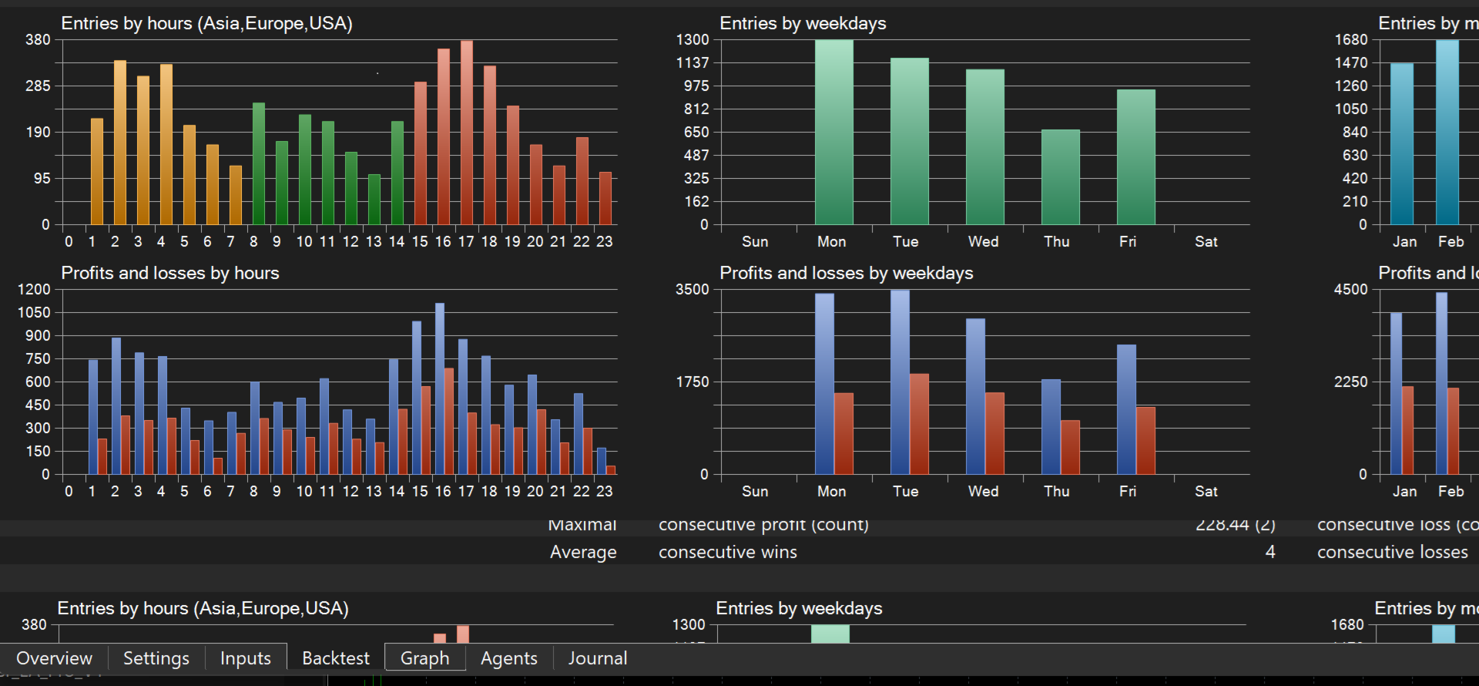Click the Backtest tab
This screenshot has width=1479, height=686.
pyautogui.click(x=335, y=658)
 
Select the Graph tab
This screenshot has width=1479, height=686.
pyautogui.click(x=424, y=658)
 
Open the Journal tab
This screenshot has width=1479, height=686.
pyautogui.click(x=597, y=658)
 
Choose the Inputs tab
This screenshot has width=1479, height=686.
pyautogui.click(x=245, y=658)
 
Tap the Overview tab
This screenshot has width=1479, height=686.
pyautogui.click(x=54, y=658)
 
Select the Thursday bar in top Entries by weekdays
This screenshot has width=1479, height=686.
pyautogui.click(x=1060, y=177)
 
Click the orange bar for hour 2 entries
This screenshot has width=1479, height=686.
pyautogui.click(x=120, y=143)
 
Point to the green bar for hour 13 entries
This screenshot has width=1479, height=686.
pyautogui.click(x=374, y=200)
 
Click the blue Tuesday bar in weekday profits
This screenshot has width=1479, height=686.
pyautogui.click(x=900, y=382)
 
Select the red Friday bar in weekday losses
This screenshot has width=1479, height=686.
pyautogui.click(x=1145, y=440)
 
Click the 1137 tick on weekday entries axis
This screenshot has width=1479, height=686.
pyautogui.click(x=692, y=62)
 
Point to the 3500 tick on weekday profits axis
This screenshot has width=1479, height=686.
pyautogui.click(x=692, y=290)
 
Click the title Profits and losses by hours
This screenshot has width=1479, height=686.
pyautogui.click(x=169, y=273)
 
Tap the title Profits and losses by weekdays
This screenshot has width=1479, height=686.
pyautogui.click(x=846, y=273)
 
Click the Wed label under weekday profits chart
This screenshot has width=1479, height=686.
pyautogui.click(x=983, y=491)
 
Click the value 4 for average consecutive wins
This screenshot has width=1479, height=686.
pyautogui.click(x=1269, y=552)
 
